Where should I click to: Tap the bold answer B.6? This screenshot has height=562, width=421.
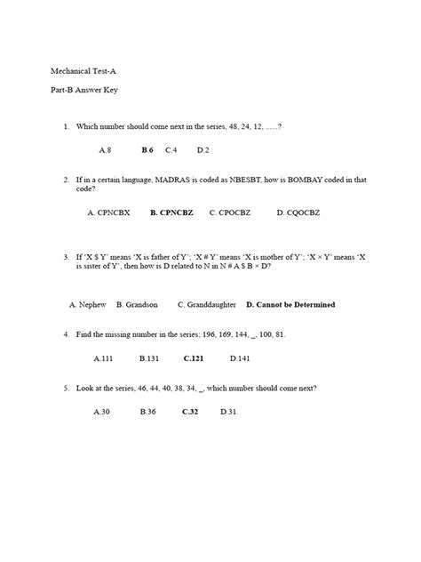tap(147, 150)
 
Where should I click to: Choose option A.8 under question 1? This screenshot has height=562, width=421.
tap(105, 150)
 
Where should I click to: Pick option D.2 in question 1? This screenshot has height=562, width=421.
tap(203, 150)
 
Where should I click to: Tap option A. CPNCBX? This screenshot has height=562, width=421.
tap(108, 213)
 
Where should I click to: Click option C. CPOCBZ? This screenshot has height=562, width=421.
tap(233, 213)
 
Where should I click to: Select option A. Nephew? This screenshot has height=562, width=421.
tap(88, 305)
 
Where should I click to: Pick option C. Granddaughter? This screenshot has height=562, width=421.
tap(206, 305)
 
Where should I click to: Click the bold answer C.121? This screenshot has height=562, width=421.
tap(194, 358)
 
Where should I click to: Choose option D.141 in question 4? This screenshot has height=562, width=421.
tap(240, 358)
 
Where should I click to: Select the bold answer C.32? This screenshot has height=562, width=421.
tap(190, 413)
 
